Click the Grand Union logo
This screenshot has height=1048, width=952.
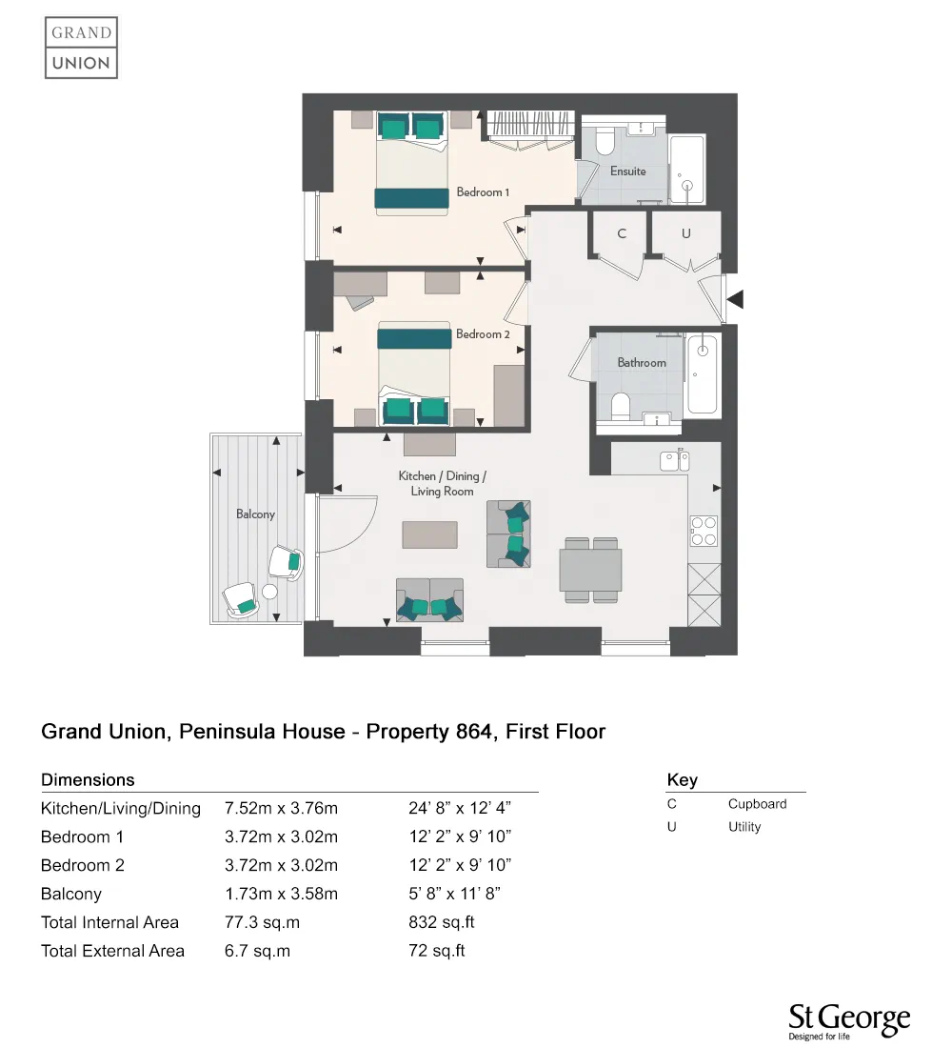(x=81, y=48)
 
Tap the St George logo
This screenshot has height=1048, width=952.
(x=849, y=1022)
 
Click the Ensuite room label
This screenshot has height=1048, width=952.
(x=628, y=171)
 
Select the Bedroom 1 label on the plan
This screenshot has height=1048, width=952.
(x=483, y=192)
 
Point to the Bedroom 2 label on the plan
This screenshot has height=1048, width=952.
(x=483, y=334)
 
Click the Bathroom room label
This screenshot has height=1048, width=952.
(x=642, y=363)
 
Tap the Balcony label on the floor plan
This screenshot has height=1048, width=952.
(x=255, y=514)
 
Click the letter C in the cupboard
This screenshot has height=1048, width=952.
(x=622, y=233)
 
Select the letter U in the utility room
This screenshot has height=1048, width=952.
(x=685, y=233)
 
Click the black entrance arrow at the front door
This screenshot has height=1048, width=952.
(x=736, y=300)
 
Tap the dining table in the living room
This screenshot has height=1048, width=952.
(x=590, y=569)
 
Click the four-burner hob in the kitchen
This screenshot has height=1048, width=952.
(x=704, y=531)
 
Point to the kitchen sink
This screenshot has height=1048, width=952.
(x=675, y=461)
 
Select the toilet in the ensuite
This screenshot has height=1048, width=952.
(x=604, y=143)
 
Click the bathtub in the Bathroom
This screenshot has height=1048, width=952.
(x=703, y=373)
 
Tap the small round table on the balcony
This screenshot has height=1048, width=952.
(x=269, y=592)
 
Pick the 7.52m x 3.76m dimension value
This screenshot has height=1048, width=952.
(x=281, y=809)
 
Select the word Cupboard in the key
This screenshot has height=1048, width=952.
(x=757, y=804)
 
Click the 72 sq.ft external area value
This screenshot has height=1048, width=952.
(x=436, y=951)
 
